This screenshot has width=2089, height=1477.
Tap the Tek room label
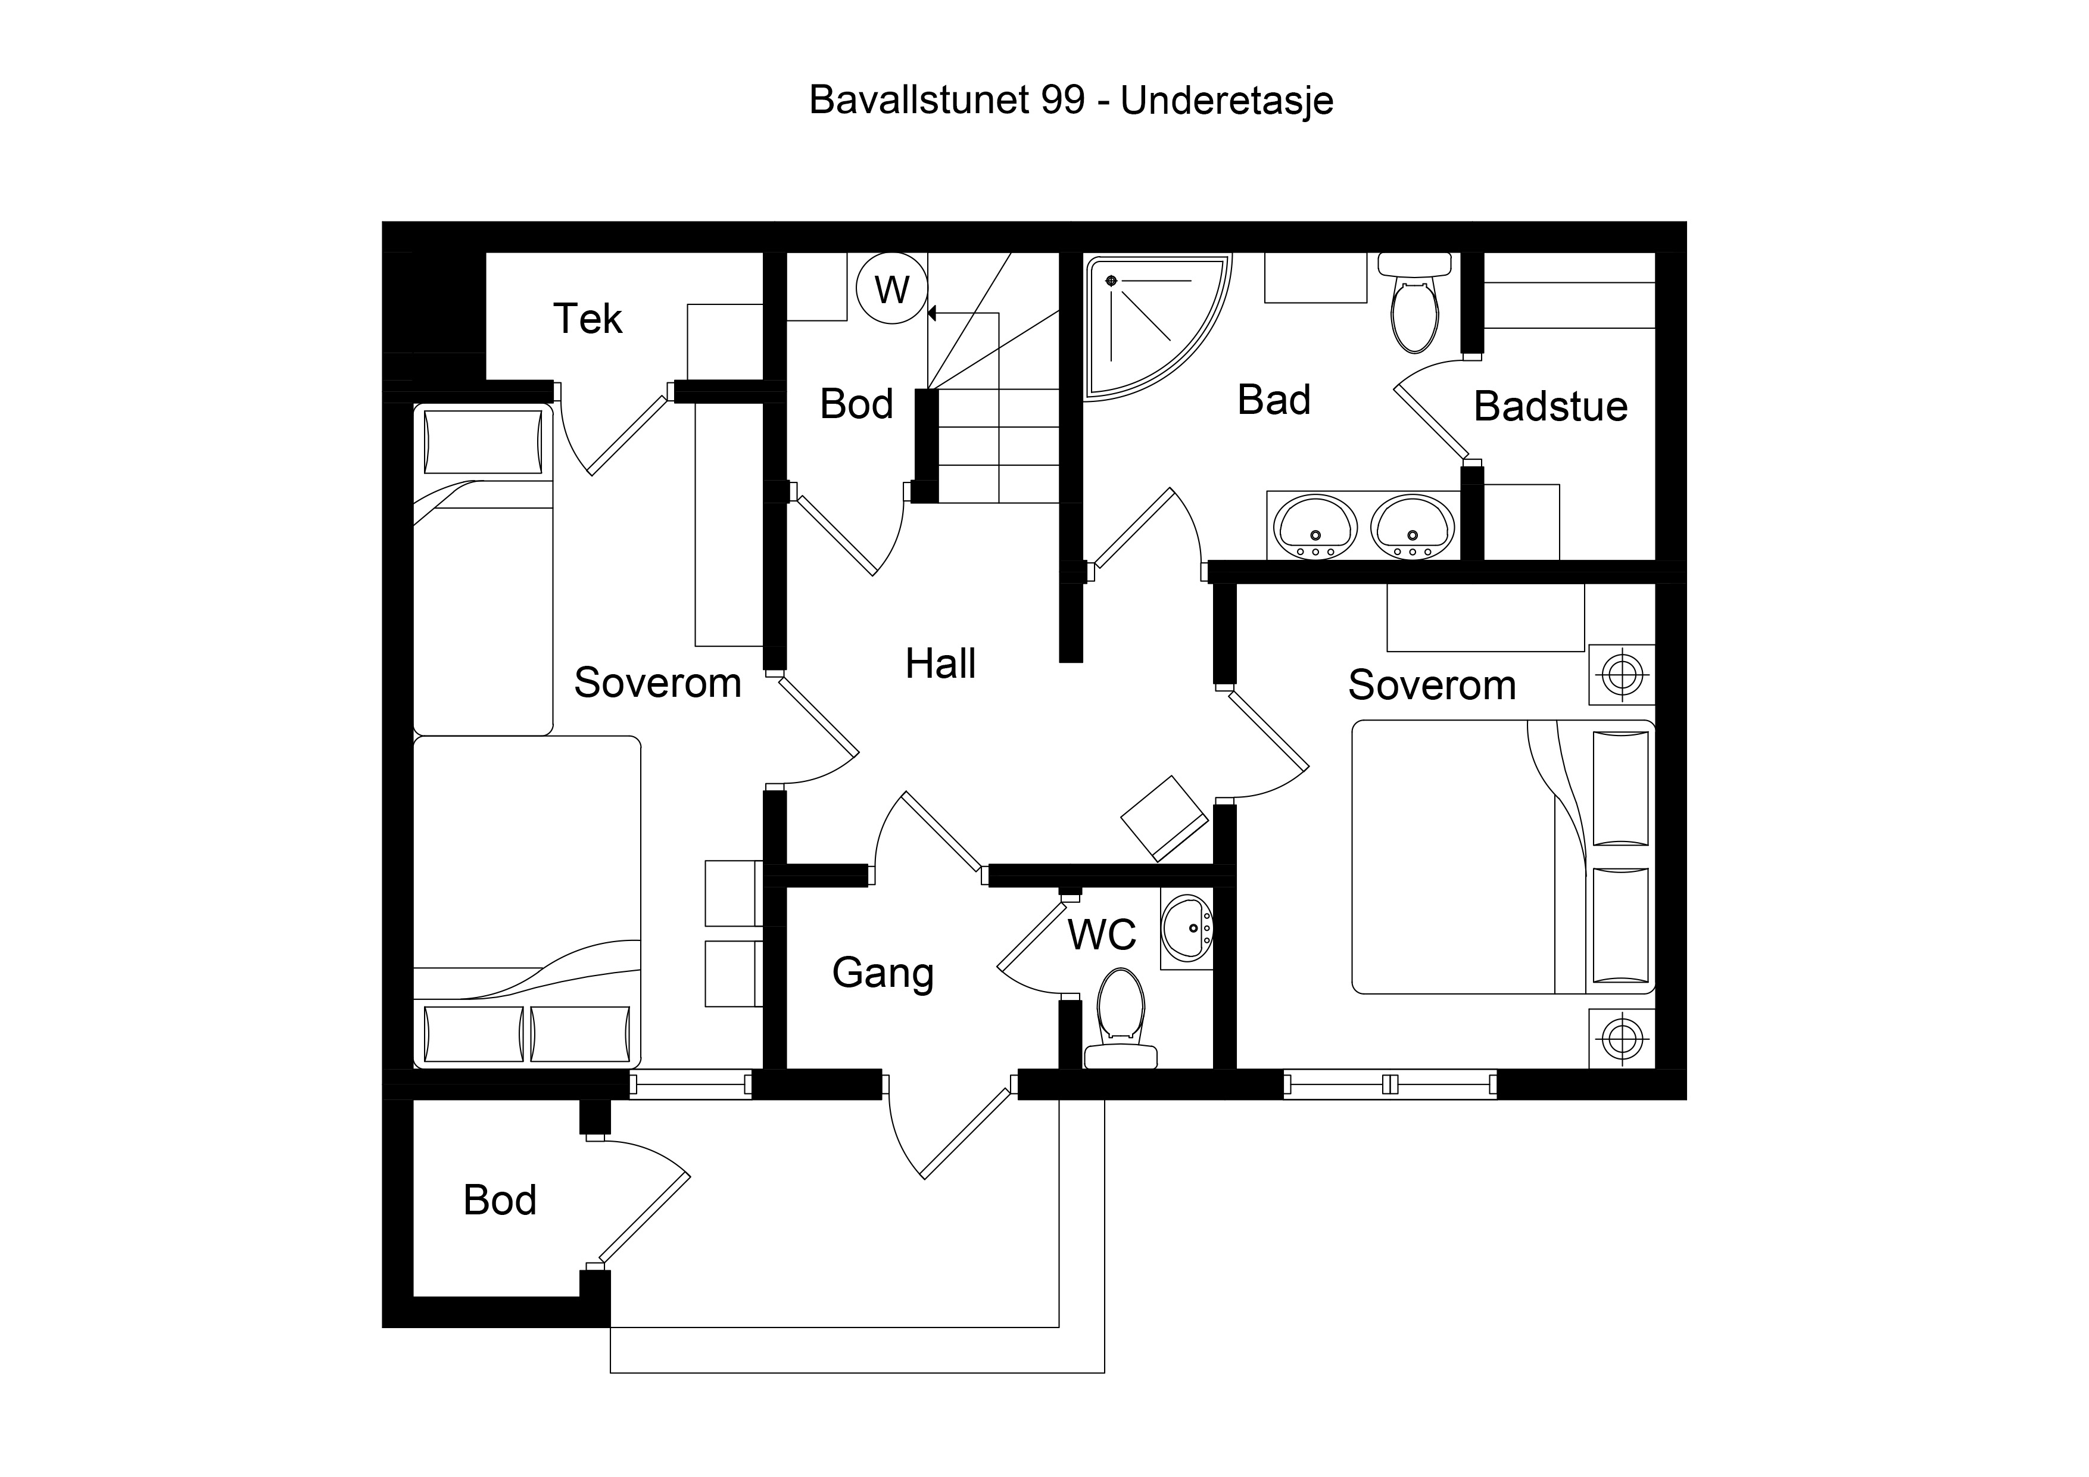coord(588,319)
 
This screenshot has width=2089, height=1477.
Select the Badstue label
coord(1550,406)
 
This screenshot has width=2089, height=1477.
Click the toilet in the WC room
coord(1120,1017)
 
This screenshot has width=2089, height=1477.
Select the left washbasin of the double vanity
coord(1315,527)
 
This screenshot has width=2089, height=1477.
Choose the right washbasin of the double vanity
coord(1412,527)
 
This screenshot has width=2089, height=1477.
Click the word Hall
coord(940,663)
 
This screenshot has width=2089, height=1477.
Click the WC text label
coord(1102,934)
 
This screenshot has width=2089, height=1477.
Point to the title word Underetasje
coord(1227,100)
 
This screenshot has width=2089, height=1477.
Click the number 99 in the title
coord(1063,100)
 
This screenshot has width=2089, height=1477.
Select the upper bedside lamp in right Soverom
coord(1622,675)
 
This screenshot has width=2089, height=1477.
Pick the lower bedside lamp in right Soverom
coord(1622,1037)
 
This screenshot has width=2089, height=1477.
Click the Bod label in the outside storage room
coord(500,1200)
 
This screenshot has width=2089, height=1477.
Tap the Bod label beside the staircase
coord(856,404)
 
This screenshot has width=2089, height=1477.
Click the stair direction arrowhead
coord(933,314)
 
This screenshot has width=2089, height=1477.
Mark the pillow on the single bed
coord(483,443)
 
